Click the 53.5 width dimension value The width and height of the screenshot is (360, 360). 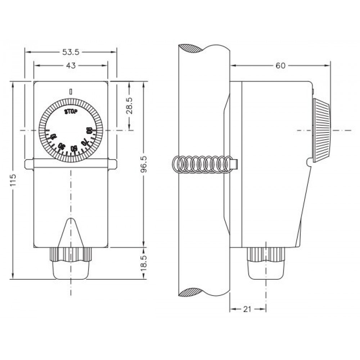point(71,52)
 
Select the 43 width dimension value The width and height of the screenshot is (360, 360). point(71,66)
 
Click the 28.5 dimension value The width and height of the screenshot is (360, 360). point(130,105)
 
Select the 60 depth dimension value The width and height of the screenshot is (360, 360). point(280,66)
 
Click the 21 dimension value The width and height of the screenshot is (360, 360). point(248,309)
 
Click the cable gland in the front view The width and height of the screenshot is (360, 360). point(71,263)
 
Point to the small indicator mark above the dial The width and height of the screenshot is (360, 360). point(71,91)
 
